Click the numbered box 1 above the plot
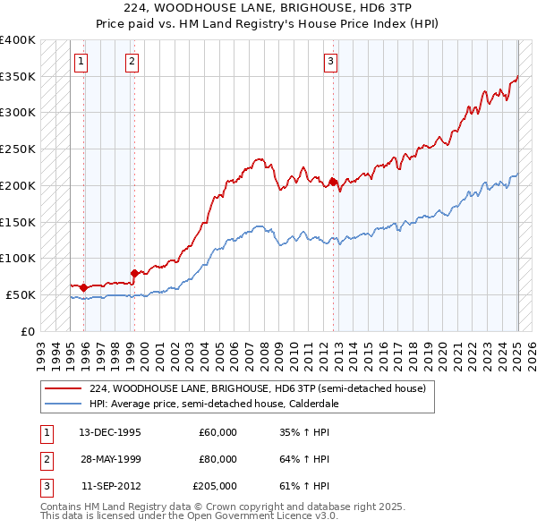pyautogui.click(x=81, y=62)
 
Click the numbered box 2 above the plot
pyautogui.click(x=132, y=62)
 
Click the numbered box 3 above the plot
pyautogui.click(x=330, y=62)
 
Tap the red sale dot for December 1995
pyautogui.click(x=83, y=287)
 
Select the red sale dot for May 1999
pyautogui.click(x=134, y=273)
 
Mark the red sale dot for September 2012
pyautogui.click(x=333, y=182)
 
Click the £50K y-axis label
pyautogui.click(x=21, y=294)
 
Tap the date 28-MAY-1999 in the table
pyautogui.click(x=111, y=459)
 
